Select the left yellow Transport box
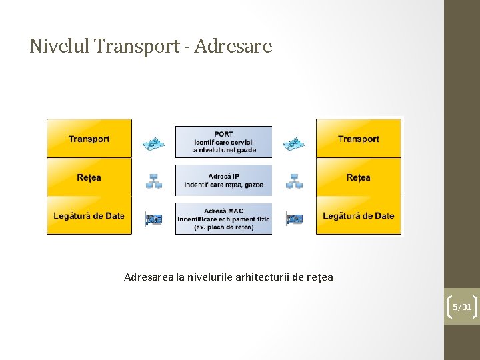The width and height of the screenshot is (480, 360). pyautogui.click(x=89, y=139)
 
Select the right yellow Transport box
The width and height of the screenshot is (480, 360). pyautogui.click(x=359, y=139)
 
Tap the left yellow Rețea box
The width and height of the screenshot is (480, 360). pyautogui.click(x=89, y=177)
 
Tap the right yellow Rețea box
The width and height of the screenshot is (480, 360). pyautogui.click(x=359, y=177)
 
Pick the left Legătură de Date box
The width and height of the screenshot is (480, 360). pyautogui.click(x=89, y=215)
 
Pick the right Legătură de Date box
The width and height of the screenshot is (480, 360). pyautogui.click(x=359, y=215)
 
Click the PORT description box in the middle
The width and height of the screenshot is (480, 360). pyautogui.click(x=224, y=142)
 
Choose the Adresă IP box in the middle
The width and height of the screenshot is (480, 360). pyautogui.click(x=224, y=180)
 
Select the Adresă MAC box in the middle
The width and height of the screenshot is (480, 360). pyautogui.click(x=224, y=219)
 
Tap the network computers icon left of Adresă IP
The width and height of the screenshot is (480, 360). pyautogui.click(x=154, y=181)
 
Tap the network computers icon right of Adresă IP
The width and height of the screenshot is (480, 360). pyautogui.click(x=294, y=181)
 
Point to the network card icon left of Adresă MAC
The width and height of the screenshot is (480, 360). pyautogui.click(x=154, y=218)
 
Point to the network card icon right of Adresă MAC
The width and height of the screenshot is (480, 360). pyautogui.click(x=294, y=218)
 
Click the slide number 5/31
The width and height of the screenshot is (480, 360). pyautogui.click(x=462, y=307)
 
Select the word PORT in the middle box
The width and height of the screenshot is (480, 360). pyautogui.click(x=224, y=134)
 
